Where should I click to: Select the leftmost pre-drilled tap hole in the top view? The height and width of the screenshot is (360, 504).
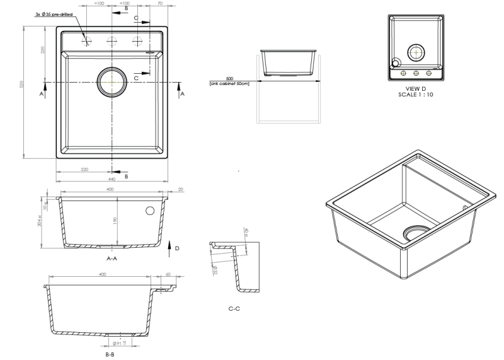[88, 42]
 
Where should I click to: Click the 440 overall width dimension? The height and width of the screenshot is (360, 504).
[112, 180]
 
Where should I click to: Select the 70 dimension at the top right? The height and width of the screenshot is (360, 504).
[160, 4]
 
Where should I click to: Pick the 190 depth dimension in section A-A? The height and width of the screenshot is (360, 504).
[115, 221]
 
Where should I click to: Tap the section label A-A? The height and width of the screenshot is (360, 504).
[113, 258]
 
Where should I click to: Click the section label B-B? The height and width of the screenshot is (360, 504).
[110, 355]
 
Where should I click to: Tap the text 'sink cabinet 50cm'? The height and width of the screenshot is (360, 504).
[229, 83]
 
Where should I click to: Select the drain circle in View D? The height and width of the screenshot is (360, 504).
[416, 53]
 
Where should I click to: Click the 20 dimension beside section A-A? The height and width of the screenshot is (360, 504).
[181, 189]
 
